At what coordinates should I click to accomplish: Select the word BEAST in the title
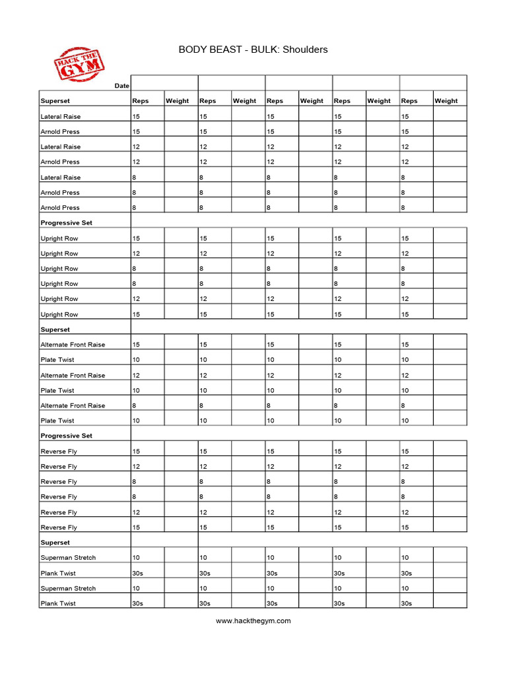coord(228,50)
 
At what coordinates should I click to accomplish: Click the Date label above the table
coord(122,86)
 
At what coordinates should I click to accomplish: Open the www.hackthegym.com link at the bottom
coord(253,621)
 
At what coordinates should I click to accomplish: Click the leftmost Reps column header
coord(141,101)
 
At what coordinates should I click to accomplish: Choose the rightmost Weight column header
coord(446,101)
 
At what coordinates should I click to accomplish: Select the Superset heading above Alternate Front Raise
coord(55,329)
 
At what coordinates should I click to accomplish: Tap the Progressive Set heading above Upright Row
coord(66,223)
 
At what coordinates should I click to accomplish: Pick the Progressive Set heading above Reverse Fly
coord(66,436)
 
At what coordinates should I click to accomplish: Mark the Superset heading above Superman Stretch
coord(55,543)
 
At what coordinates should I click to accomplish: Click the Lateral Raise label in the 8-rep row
coord(61,178)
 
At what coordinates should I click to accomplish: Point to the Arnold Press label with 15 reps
coord(60,132)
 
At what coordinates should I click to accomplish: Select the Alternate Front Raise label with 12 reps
coord(73,376)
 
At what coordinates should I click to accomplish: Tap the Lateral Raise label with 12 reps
coord(61,147)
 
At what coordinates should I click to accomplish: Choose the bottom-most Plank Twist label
coord(58,604)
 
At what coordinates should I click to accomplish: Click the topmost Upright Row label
coord(59,238)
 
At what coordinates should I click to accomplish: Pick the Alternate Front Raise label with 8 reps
coord(73,406)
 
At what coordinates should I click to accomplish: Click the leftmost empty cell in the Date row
coord(165,83)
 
